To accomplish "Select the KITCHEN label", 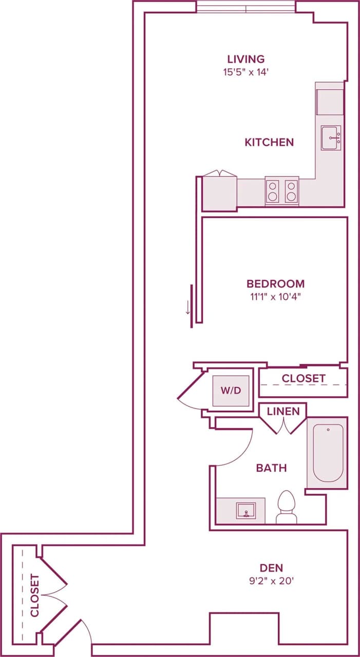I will [x=269, y=142].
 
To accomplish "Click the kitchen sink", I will [x=331, y=138].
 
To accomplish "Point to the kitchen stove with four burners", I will [x=282, y=190].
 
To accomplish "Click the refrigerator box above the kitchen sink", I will [x=330, y=102].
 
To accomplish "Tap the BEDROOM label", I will [x=275, y=283].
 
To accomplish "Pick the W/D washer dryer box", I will [x=231, y=391].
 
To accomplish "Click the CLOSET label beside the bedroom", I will [x=304, y=379].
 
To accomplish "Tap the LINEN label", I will [x=283, y=412].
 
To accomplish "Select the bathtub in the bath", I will [x=328, y=453].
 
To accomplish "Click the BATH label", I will [x=271, y=468].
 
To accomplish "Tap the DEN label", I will [x=272, y=568].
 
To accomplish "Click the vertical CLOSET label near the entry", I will [x=35, y=595].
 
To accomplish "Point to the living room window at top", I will [x=246, y=8].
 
